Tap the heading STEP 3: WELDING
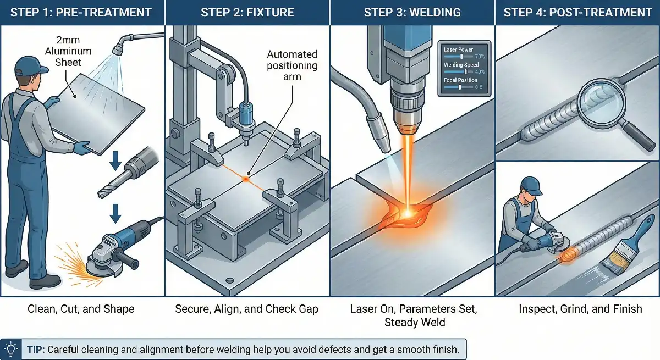click(413, 12)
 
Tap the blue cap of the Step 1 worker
click(28, 65)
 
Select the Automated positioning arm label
click(292, 65)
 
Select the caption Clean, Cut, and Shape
click(81, 309)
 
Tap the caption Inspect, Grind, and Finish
click(580, 309)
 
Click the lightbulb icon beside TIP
click(11, 348)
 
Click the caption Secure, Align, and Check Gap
click(246, 309)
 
